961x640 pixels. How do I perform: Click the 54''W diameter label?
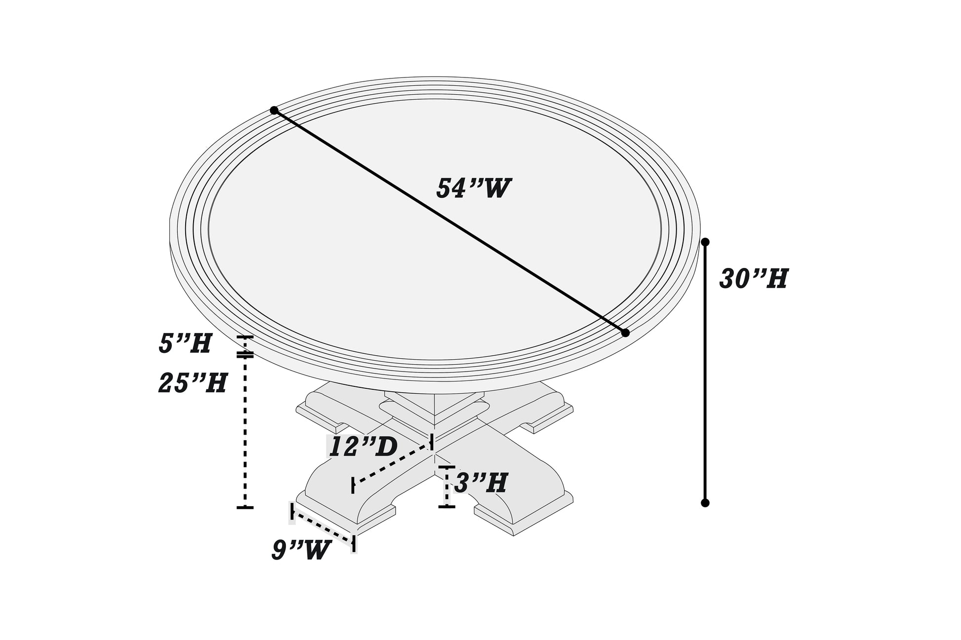coord(473,188)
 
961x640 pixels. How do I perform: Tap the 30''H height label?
coord(753,279)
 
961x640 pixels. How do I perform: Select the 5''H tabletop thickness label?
coord(185,343)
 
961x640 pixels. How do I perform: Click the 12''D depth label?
coord(363,447)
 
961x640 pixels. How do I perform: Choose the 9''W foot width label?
coord(301,550)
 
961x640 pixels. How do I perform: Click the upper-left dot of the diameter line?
coord(274,111)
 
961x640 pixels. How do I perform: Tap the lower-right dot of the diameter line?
coord(625,333)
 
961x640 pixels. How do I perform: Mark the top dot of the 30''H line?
coord(705,242)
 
